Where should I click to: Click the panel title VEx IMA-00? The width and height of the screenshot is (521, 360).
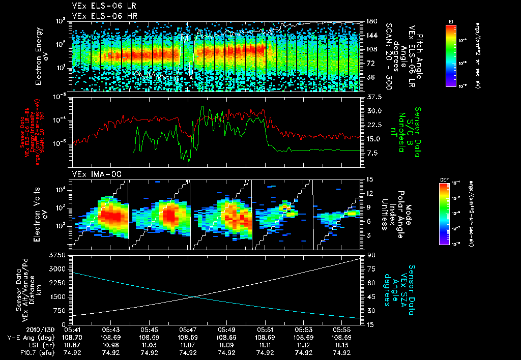point(93,174)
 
